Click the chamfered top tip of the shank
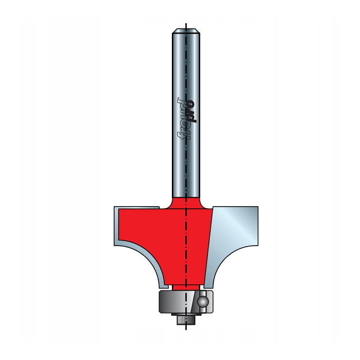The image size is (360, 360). click(186, 30)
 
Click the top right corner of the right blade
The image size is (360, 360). click(257, 207)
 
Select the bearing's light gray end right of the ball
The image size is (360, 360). click(211, 299)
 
